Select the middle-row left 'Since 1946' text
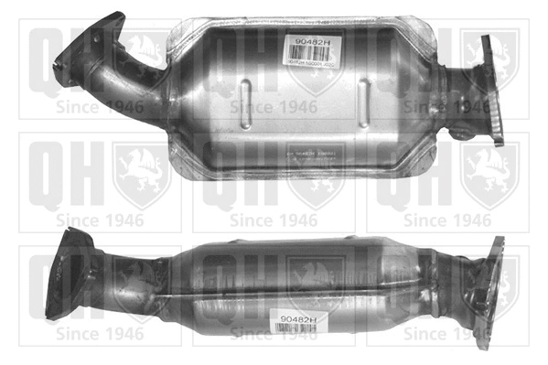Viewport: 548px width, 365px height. coord(99,220)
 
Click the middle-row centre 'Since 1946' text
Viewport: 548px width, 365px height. coord(273,220)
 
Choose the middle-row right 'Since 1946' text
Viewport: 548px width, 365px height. coord(447,220)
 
